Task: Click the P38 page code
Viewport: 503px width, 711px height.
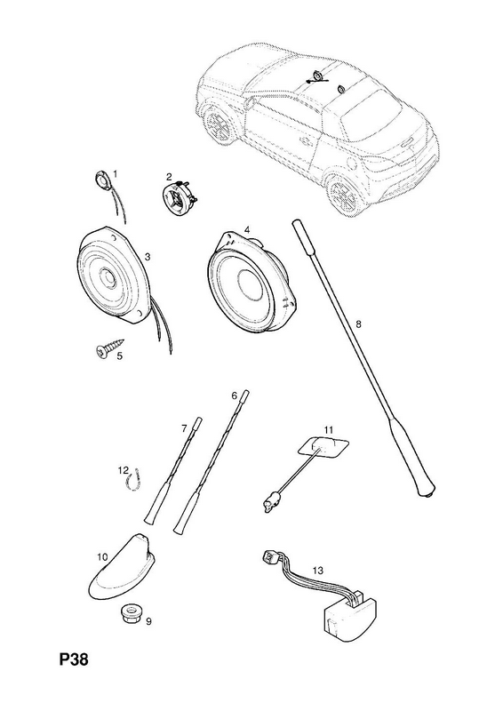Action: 74,659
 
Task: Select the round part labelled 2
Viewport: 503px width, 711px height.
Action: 179,197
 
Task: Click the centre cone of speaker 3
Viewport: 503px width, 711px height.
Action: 108,276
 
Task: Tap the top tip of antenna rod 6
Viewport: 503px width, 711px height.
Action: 246,391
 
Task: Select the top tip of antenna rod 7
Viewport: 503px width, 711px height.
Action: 200,419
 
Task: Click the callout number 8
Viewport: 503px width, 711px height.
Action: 358,324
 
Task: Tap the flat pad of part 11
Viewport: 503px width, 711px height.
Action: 323,447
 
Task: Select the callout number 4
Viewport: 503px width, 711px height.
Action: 247,230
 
